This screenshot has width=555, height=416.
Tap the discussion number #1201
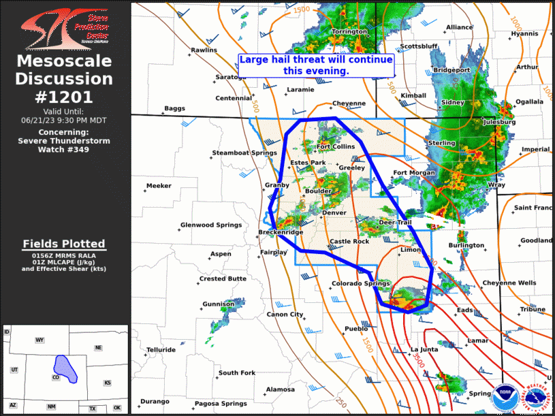click(65, 97)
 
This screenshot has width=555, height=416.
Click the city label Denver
click(334, 213)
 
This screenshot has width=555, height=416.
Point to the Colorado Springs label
click(360, 284)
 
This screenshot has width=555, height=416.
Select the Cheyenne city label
click(349, 104)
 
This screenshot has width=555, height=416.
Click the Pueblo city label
click(356, 329)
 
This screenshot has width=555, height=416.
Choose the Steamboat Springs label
click(244, 153)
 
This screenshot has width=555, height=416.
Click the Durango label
click(155, 402)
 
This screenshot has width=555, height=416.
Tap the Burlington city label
click(466, 246)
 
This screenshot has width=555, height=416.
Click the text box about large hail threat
click(316, 65)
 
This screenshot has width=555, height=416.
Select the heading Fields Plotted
click(64, 244)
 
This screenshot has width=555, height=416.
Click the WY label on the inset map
click(39, 340)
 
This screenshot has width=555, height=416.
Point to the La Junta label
click(424, 350)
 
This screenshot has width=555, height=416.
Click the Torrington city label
click(349, 32)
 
